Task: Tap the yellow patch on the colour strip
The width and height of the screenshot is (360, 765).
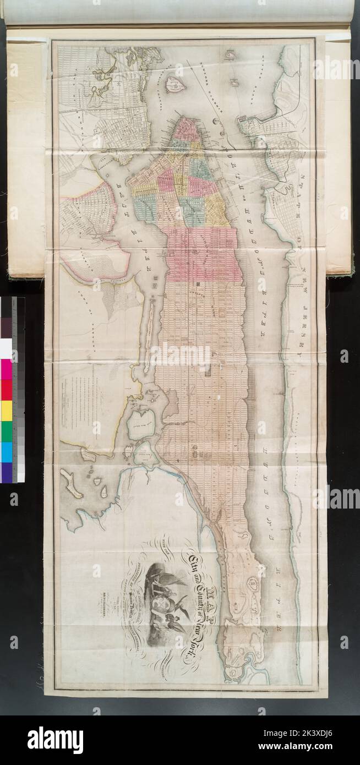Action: tap(6, 410)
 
